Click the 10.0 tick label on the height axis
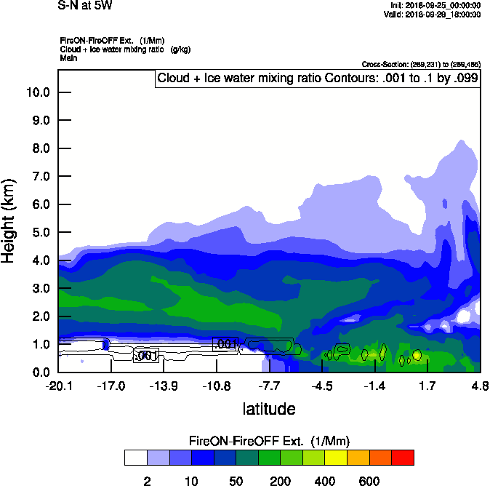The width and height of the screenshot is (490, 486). [37, 92]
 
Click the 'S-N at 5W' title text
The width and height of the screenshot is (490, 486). [84, 6]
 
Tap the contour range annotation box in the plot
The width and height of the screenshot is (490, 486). [318, 79]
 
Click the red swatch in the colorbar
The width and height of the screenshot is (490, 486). [403, 458]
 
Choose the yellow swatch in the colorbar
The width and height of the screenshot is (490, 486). [336, 458]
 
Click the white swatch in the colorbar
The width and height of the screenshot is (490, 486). [136, 458]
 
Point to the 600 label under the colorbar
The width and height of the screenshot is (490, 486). [369, 481]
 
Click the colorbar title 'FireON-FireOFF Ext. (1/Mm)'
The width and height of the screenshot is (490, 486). [270, 441]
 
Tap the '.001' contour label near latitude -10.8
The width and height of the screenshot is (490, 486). [225, 344]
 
